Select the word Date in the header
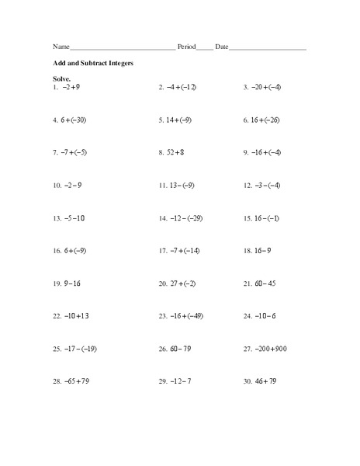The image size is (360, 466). point(222,47)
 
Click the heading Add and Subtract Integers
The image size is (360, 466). point(92,63)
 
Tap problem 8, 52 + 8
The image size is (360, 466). point(175,153)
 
